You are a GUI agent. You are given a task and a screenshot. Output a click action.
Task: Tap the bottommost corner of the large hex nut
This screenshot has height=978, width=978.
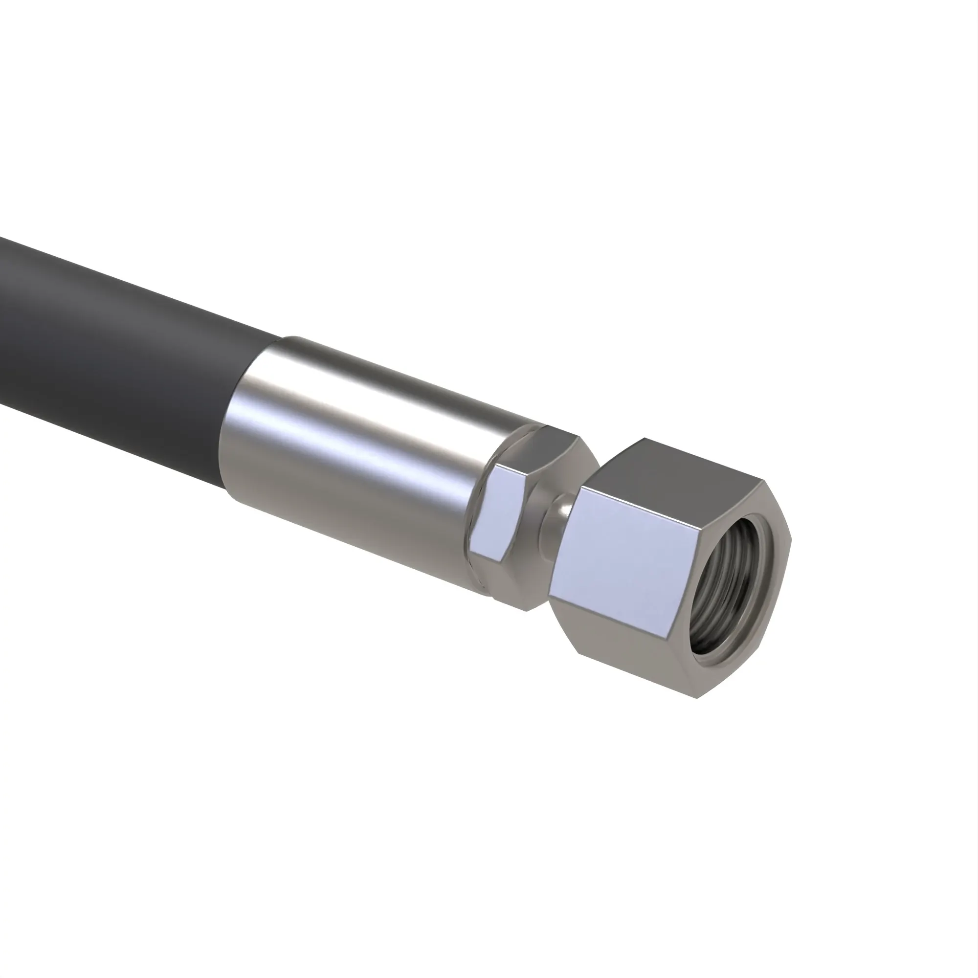pyautogui.click(x=698, y=699)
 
